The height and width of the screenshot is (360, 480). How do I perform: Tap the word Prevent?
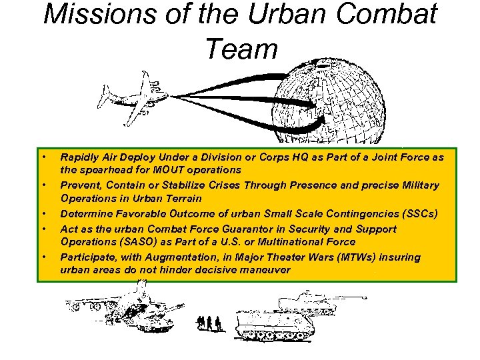(x=80, y=185)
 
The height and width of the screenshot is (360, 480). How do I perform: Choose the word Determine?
(x=86, y=214)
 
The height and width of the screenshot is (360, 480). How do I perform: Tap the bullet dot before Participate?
(x=43, y=257)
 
